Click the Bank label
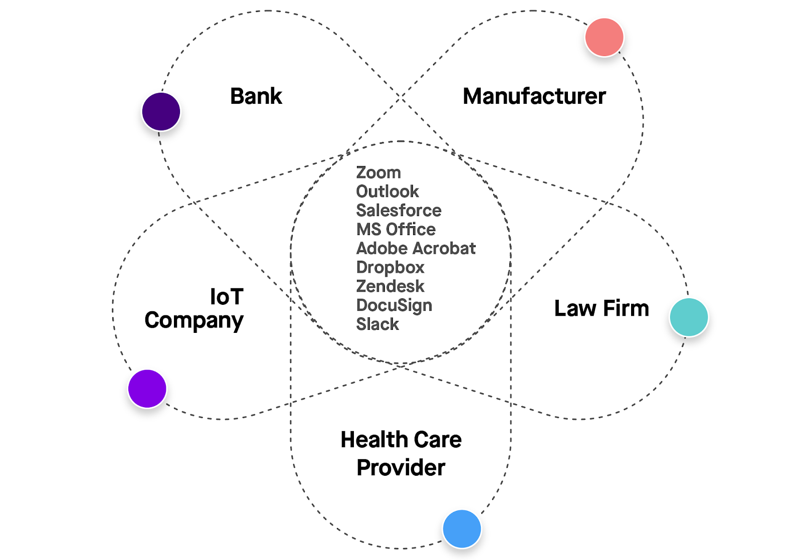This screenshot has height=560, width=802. (x=256, y=96)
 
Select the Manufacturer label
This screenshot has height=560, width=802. (x=534, y=96)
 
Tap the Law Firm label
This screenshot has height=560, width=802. (x=601, y=308)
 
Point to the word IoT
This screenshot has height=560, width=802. (x=227, y=297)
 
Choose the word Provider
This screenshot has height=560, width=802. (x=400, y=468)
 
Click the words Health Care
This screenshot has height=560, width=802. (x=400, y=440)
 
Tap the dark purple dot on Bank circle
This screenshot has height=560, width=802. (x=161, y=111)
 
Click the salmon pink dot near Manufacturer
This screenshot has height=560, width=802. (x=604, y=37)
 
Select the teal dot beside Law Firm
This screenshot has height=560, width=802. (x=689, y=317)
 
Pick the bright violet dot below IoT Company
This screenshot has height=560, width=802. (x=147, y=389)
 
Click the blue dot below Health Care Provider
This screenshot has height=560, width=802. (x=462, y=529)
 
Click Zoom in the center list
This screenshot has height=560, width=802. (x=378, y=172)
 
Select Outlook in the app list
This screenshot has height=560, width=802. (x=387, y=192)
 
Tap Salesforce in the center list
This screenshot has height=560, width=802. (x=398, y=211)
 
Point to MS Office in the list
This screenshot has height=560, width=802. (x=395, y=230)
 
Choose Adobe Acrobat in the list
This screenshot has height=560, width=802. (x=416, y=249)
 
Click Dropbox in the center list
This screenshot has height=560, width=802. (x=390, y=268)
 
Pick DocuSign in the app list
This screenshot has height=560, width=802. (x=394, y=305)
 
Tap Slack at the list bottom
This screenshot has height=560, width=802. (x=377, y=324)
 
